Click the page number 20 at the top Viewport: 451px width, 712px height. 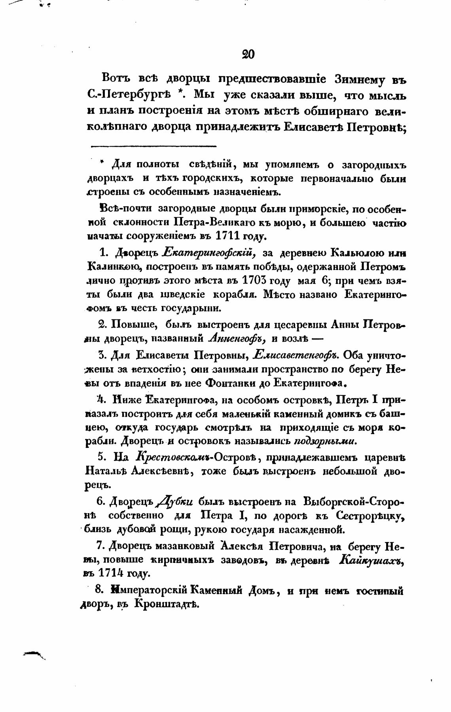tap(248, 54)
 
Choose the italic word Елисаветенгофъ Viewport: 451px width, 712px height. tap(297, 355)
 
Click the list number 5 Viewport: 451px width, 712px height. tap(101, 457)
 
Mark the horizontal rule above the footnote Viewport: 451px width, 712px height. tap(153, 146)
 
